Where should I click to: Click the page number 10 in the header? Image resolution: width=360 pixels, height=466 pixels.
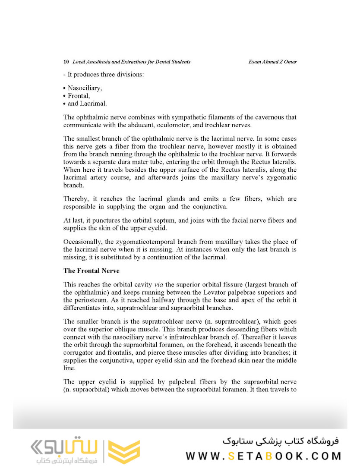66,62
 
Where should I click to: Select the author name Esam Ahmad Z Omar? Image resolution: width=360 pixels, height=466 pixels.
272,62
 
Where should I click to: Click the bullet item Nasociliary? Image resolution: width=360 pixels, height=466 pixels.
85,88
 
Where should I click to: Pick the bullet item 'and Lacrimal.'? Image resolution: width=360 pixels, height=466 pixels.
87,104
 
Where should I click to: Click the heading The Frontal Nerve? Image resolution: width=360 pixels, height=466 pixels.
91,271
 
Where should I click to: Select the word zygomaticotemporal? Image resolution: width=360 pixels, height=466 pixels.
147,242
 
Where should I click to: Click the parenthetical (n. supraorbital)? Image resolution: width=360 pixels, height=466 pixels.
88,390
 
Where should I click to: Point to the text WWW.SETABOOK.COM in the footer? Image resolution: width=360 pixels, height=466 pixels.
263,456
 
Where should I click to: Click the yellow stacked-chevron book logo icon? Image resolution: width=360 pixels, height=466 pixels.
124,452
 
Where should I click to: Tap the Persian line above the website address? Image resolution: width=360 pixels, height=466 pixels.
281,441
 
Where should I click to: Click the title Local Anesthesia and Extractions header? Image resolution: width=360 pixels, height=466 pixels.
132,62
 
